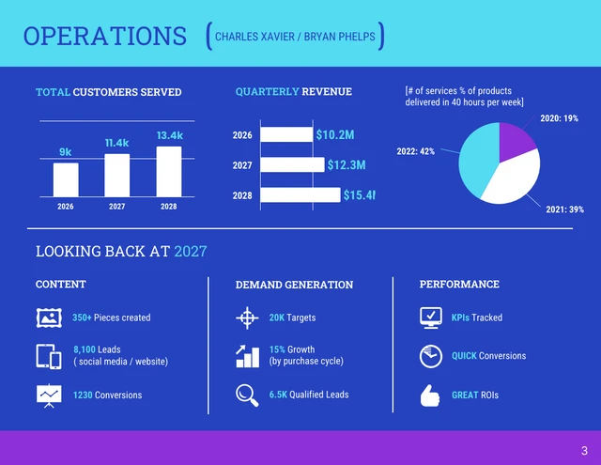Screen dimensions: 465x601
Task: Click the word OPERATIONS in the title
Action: [x=104, y=37]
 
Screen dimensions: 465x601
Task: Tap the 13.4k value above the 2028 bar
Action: [x=169, y=135]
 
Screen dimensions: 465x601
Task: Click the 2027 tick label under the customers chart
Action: [x=116, y=206]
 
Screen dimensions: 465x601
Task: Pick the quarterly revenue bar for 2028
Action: [x=300, y=195]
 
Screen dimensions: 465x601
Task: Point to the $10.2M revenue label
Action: [x=334, y=135]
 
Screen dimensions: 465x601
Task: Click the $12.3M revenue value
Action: [x=346, y=165]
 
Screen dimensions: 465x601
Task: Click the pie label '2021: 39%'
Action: [x=564, y=209]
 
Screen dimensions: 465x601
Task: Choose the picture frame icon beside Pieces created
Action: [x=49, y=318]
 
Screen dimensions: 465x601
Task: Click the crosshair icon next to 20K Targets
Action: [x=247, y=318]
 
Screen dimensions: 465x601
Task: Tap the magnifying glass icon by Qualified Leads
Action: [x=247, y=395]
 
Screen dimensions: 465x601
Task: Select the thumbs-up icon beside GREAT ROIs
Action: [x=430, y=395]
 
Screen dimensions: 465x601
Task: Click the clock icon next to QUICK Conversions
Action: [x=430, y=356]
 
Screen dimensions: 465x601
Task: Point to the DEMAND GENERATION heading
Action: [x=294, y=285]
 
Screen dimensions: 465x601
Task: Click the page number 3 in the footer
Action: [x=584, y=449]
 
